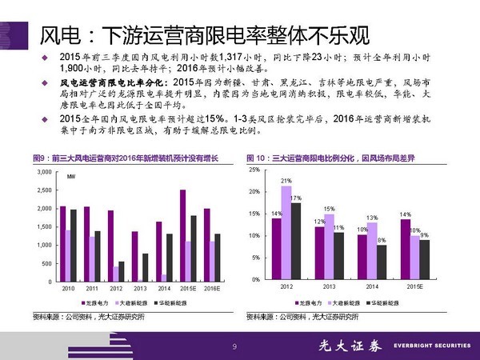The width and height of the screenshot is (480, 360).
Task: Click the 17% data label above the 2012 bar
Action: pos(296,198)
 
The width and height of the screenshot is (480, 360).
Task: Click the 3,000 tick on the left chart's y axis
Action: pos(47,172)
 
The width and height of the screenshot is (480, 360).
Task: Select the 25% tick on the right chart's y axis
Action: pos(254,170)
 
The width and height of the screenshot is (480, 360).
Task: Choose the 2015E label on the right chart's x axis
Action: pos(414,286)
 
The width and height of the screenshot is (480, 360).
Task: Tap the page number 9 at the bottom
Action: pos(234,346)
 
